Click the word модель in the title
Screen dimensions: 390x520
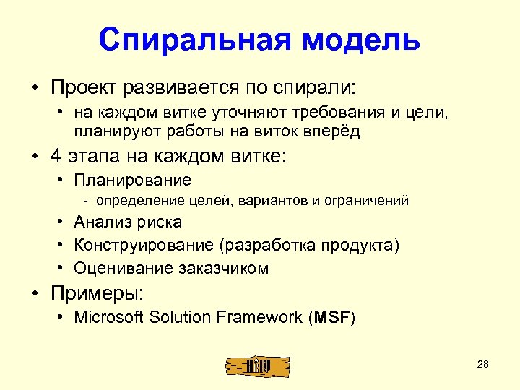361,40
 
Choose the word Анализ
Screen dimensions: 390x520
101,222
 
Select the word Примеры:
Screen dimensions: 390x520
97,293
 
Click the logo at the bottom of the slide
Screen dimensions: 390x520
256,366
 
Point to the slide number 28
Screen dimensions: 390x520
483,364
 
